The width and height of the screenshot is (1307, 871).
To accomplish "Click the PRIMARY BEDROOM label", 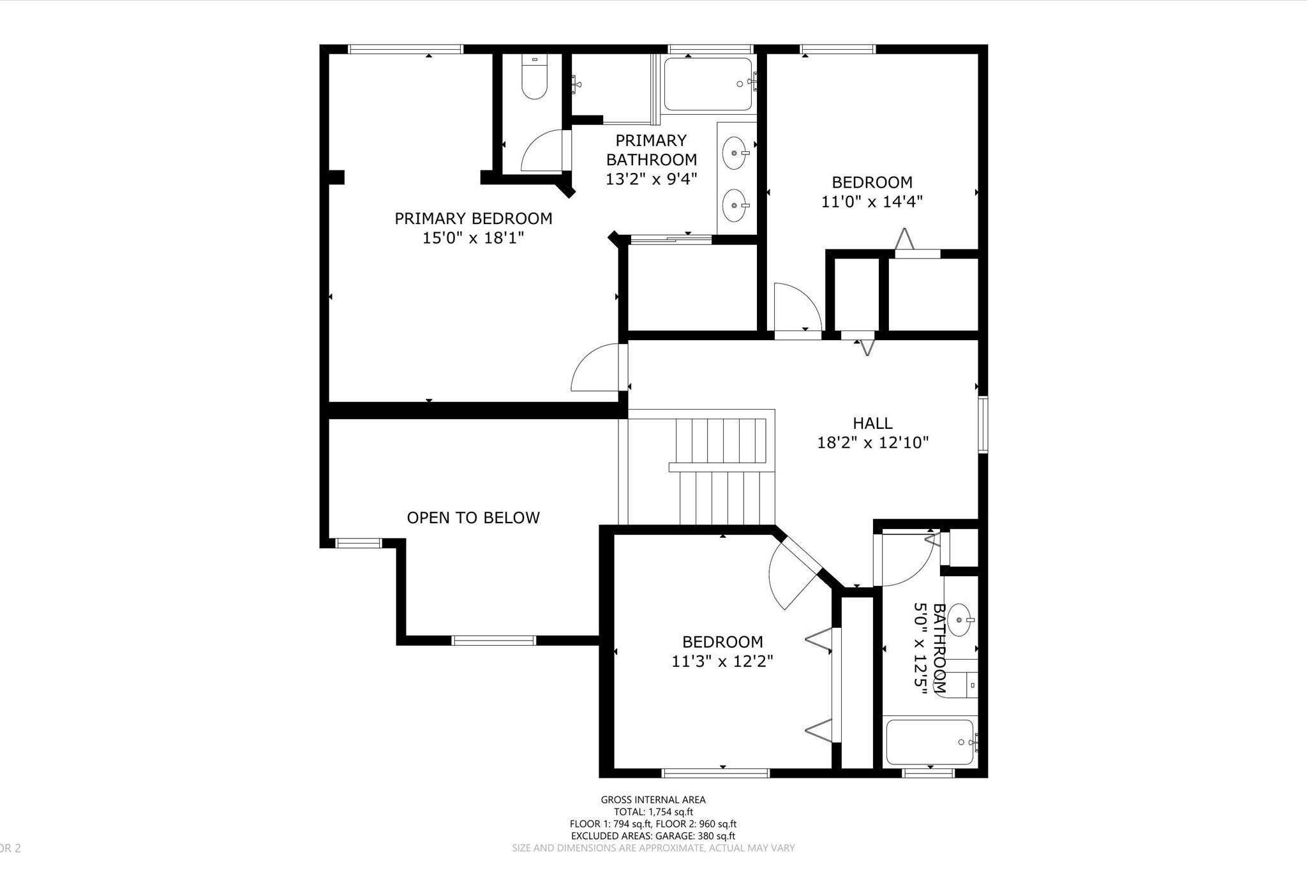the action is click(x=473, y=218).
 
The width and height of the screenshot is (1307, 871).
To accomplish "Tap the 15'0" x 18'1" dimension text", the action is click(x=473, y=238).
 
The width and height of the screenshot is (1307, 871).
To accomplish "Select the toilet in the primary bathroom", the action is click(x=535, y=78).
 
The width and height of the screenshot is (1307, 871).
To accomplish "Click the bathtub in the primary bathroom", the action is click(x=708, y=84).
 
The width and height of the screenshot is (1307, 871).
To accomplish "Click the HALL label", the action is click(x=872, y=423).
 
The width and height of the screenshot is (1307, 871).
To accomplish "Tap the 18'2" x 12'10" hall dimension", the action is click(x=872, y=442).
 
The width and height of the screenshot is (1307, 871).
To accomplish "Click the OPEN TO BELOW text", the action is click(x=473, y=517).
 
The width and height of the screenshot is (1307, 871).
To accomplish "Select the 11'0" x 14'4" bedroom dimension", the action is click(x=872, y=202).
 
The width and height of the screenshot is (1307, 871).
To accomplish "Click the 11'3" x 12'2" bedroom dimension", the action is click(x=722, y=661).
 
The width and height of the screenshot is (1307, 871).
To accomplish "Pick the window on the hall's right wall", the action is click(x=983, y=425).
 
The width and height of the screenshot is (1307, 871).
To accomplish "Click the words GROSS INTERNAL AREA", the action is click(x=653, y=800).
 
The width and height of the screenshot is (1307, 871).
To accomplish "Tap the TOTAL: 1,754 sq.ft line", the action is click(x=653, y=812).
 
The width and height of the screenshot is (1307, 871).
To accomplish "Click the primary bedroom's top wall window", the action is click(x=405, y=48).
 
